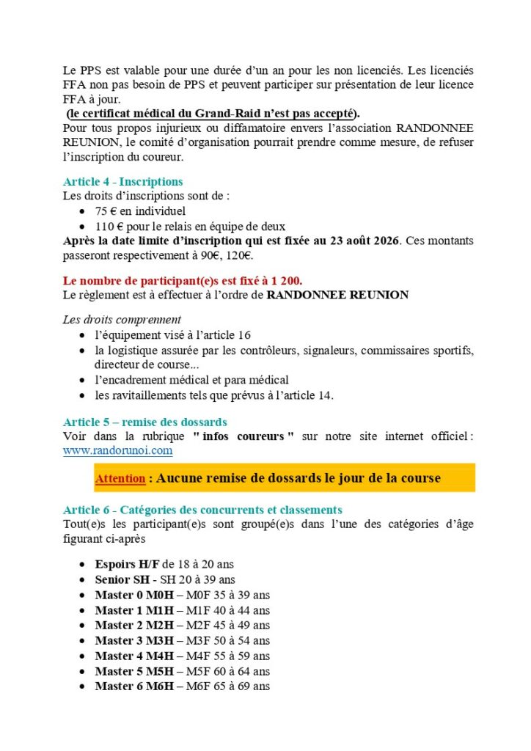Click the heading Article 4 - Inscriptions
[122, 181]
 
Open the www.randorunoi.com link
[117, 450]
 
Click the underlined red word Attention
[120, 479]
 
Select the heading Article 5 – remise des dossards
[144, 422]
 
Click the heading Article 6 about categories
[202, 509]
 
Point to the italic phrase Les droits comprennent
[122, 319]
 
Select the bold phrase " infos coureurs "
[243, 436]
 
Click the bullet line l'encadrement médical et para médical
[191, 380]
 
